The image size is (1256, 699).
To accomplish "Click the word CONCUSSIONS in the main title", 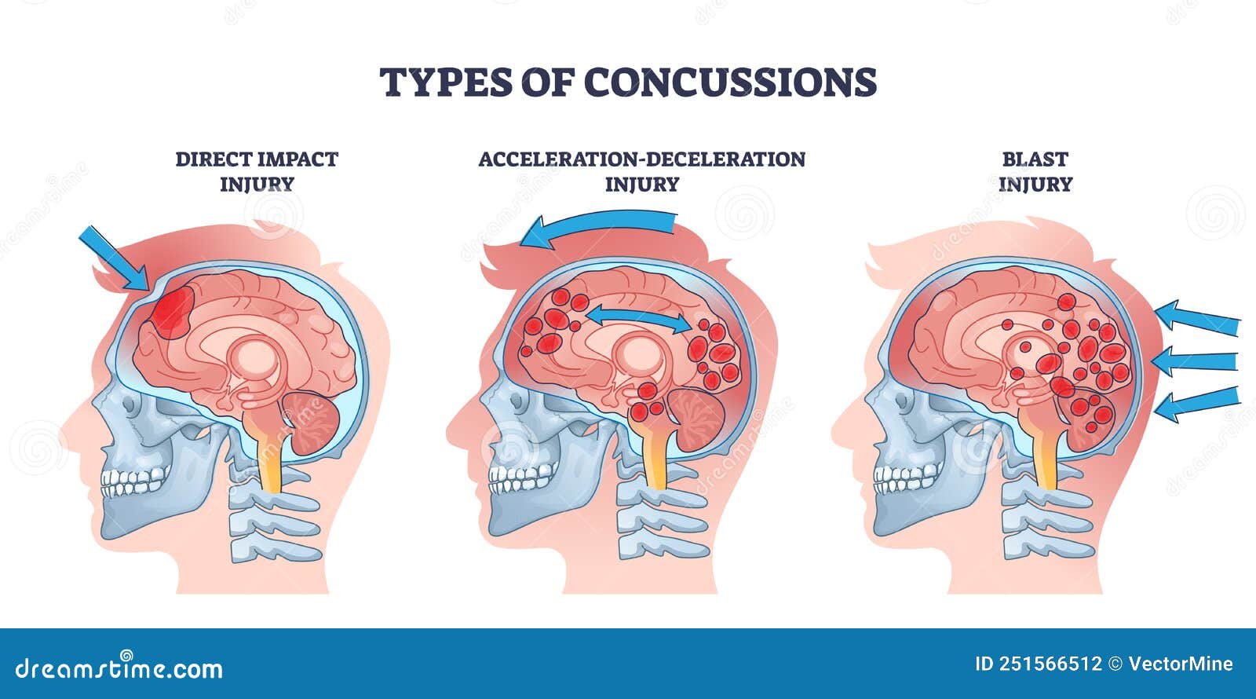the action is [730, 82].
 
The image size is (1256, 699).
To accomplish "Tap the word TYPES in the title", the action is [446, 82].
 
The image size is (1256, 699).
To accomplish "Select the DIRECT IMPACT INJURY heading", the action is [257, 172].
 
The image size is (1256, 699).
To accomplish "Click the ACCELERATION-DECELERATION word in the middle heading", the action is [642, 159].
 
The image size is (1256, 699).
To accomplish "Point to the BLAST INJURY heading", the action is [1035, 172].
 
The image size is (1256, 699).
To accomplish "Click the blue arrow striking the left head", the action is [114, 258].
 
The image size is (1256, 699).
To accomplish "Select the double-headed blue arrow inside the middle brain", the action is [639, 318].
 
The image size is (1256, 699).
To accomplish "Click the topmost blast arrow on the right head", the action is [1197, 318].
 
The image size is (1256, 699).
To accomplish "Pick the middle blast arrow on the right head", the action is [1194, 361].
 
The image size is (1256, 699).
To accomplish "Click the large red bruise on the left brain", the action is [173, 312].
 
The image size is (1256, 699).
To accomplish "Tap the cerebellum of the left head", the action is [312, 423].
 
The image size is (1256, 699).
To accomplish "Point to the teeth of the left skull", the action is [135, 481].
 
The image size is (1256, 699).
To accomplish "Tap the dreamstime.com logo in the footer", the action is [119, 667].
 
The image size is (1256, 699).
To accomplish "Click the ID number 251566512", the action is [1039, 664].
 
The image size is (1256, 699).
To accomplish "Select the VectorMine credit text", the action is [1181, 664].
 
